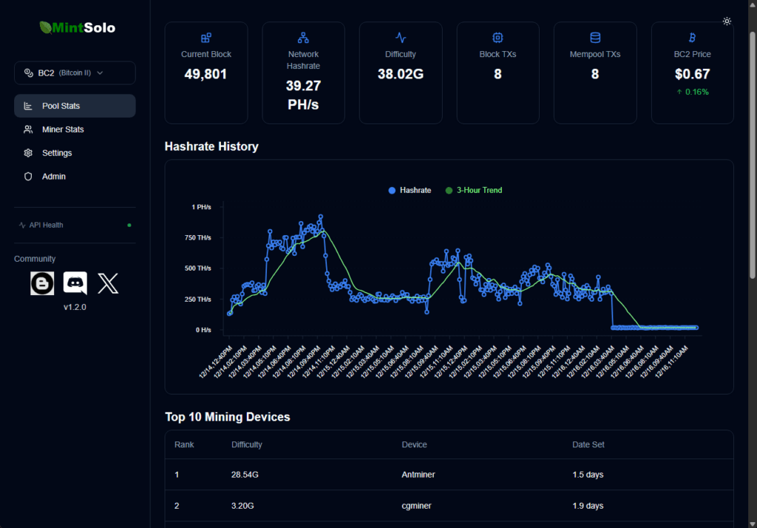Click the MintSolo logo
coord(77,28)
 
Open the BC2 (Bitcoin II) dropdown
coord(75,73)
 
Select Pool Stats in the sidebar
coord(75,106)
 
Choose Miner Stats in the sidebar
coord(63,129)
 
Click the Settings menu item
coord(57,153)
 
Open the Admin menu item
coord(53,177)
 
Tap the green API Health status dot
coord(129,225)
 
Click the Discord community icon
coord(75,283)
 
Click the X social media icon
coord(108,283)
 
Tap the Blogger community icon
coord(42,283)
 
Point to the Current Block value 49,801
coord(206,74)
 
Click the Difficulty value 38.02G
coord(400,74)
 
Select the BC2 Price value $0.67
coord(692,74)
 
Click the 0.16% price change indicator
coord(692,92)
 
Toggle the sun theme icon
coord(727,21)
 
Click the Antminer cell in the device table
coord(418,475)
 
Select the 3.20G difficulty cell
coord(243,506)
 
